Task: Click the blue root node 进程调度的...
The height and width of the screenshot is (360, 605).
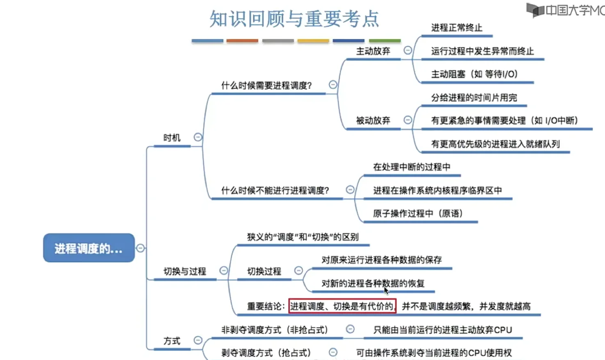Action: (89, 248)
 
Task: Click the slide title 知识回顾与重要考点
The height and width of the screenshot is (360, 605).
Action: (294, 19)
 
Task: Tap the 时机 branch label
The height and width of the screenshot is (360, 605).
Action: (172, 138)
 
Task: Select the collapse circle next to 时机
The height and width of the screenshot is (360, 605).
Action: (198, 137)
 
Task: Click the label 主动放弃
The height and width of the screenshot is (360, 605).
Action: (373, 51)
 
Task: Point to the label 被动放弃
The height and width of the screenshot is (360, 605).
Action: (373, 121)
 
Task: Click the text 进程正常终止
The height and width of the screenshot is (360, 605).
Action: (457, 28)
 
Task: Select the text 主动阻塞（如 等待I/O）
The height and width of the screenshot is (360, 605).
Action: (474, 74)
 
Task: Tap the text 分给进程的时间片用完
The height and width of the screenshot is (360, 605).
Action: (474, 98)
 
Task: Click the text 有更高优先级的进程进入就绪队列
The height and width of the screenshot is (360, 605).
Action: (495, 144)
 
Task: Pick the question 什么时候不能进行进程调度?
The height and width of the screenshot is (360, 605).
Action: (275, 191)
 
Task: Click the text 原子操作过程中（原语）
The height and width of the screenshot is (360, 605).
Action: (418, 214)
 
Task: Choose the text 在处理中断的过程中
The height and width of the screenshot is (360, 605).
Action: (412, 167)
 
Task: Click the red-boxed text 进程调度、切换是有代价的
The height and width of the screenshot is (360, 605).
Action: (342, 306)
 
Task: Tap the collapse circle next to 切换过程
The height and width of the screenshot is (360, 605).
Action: (298, 271)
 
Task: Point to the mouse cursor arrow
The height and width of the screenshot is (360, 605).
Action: (386, 290)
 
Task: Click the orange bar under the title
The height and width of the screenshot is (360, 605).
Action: (242, 41)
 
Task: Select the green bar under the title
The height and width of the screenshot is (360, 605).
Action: (384, 41)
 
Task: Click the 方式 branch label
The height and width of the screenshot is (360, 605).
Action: (172, 341)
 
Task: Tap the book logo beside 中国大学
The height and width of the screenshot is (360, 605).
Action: (535, 10)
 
